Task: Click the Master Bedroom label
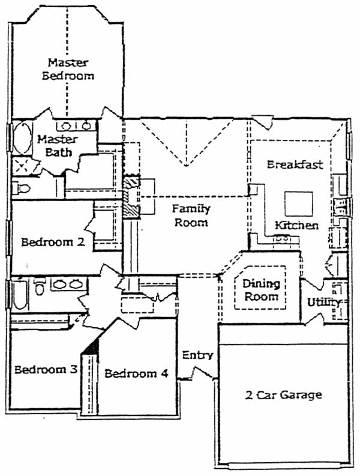68,69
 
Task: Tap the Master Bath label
58,146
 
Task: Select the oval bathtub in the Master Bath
22,138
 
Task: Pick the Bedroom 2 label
53,242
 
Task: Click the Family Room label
191,215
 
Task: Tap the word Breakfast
295,164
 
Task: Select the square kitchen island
299,203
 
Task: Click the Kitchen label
296,225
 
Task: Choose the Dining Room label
261,290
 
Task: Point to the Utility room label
323,303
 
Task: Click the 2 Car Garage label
284,394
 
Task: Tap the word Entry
197,355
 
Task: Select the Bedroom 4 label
136,373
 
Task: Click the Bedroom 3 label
46,369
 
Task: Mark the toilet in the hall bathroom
40,287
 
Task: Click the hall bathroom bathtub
20,295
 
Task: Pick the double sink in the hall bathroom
68,284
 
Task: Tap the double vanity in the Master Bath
76,125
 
